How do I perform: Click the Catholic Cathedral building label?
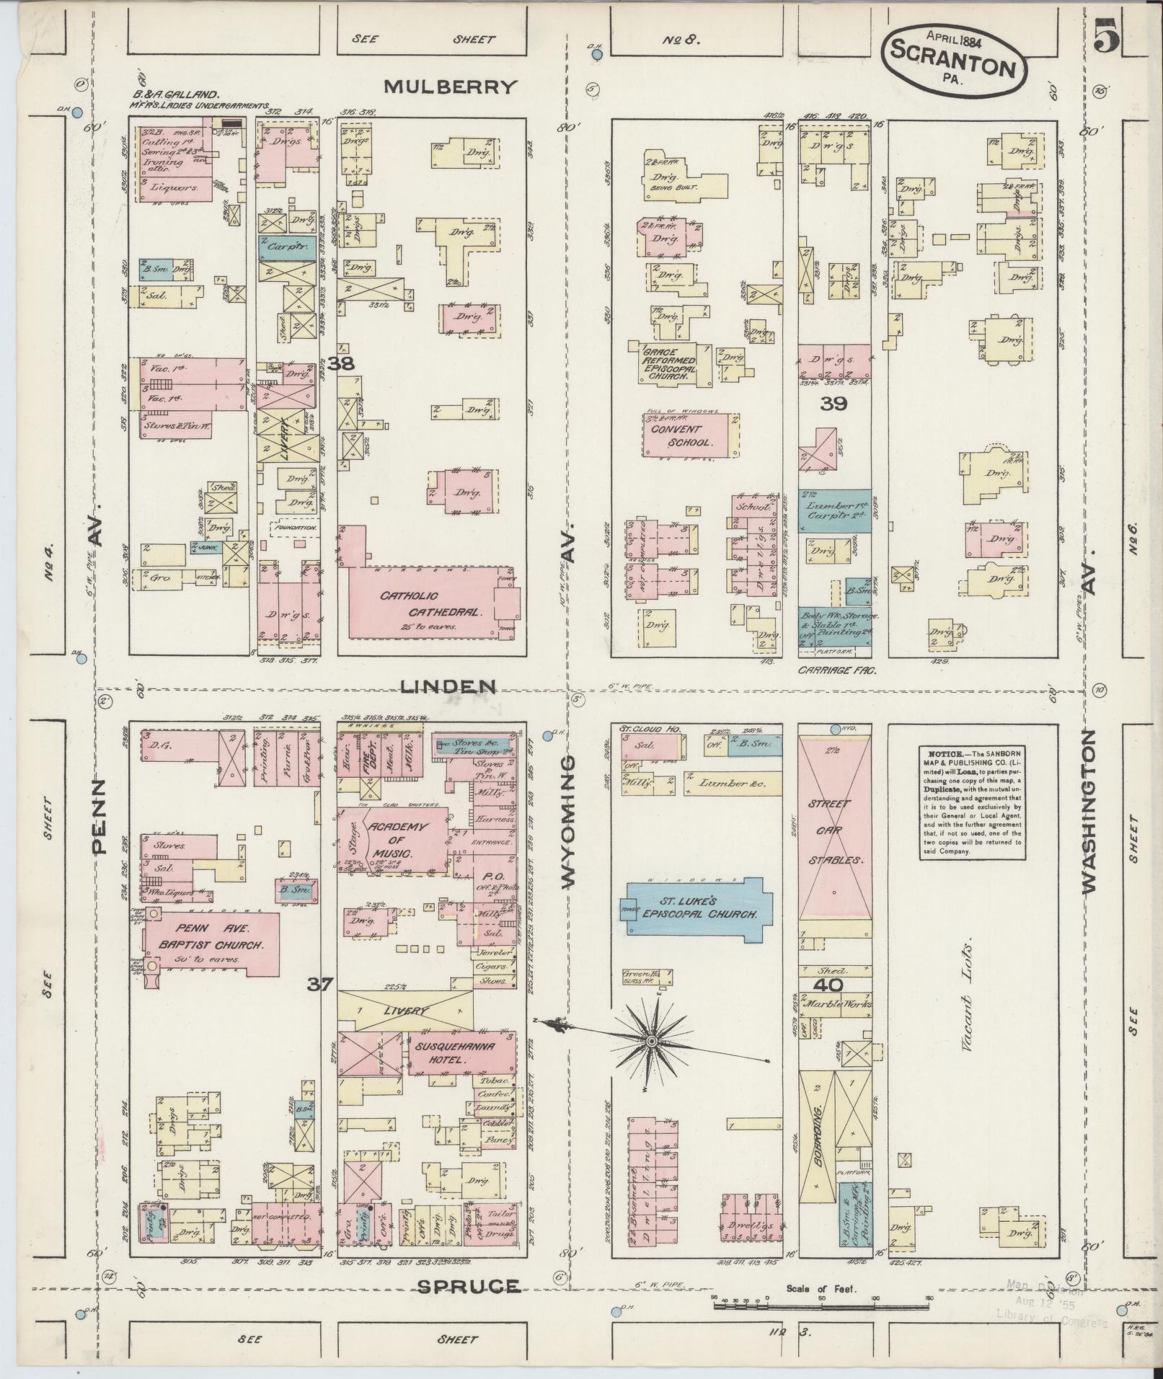coord(430,605)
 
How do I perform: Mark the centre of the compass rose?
coord(652,1041)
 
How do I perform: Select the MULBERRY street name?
coord(451,87)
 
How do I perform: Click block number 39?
coord(833,404)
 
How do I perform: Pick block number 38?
coord(340,365)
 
